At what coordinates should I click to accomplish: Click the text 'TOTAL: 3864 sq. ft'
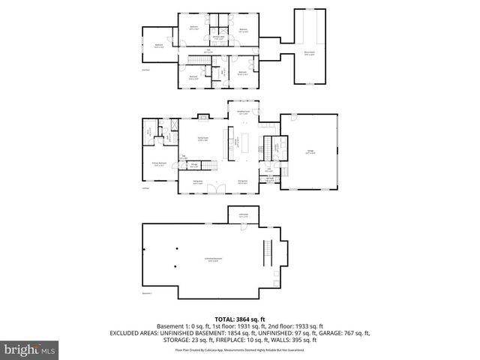[240, 319]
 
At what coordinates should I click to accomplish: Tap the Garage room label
[310, 152]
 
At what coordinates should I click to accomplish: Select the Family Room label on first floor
[202, 139]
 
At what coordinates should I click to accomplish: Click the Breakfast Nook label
[244, 112]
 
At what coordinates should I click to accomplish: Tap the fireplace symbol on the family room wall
[205, 115]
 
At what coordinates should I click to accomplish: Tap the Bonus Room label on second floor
[308, 53]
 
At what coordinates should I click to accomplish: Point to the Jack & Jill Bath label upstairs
[218, 37]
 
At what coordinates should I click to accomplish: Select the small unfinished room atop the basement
[243, 215]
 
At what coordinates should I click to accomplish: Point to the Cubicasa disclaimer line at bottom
[240, 349]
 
